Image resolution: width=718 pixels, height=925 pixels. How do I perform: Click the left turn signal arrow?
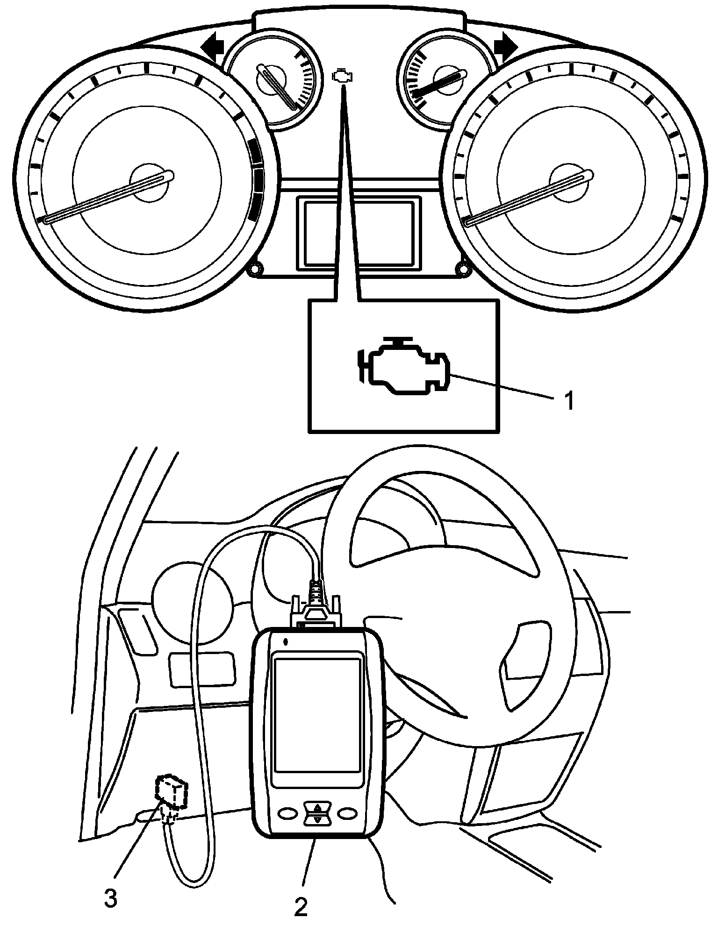pyautogui.click(x=213, y=48)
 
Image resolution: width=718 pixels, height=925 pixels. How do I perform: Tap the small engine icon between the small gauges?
pyautogui.click(x=344, y=77)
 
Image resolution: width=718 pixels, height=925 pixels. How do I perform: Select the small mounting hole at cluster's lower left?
pyautogui.click(x=255, y=270)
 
